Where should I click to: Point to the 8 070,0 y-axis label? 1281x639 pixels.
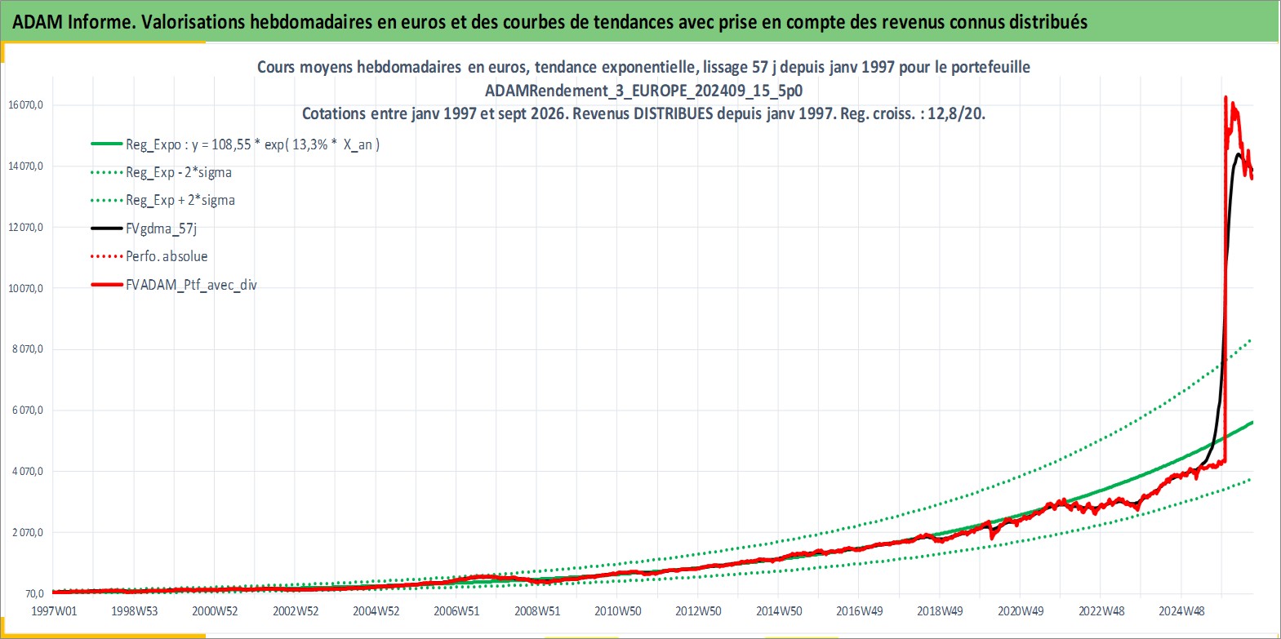tap(28, 349)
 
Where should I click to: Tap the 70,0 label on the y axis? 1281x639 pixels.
tap(33, 593)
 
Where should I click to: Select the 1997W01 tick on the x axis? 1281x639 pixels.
tap(54, 611)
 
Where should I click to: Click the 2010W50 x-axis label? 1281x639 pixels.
tap(617, 611)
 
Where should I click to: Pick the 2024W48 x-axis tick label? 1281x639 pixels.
tap(1181, 611)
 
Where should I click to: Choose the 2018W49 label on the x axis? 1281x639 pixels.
tap(941, 611)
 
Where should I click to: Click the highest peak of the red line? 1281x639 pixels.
tap(1225, 97)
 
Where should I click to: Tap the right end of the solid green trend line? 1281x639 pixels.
tap(1252, 423)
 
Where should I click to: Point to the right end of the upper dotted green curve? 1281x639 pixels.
tap(1251, 340)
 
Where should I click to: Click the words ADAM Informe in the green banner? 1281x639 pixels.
tap(73, 22)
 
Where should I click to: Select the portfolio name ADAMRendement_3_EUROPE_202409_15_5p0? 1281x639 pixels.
tap(644, 91)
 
